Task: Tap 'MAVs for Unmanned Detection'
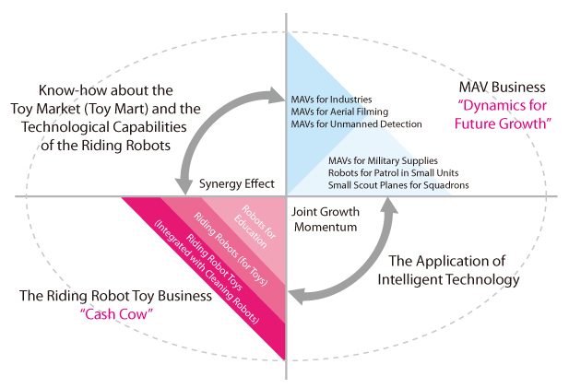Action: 356,123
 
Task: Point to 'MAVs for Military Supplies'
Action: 382,160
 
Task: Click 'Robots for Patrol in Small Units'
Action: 394,172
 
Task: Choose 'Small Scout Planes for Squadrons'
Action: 397,185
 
